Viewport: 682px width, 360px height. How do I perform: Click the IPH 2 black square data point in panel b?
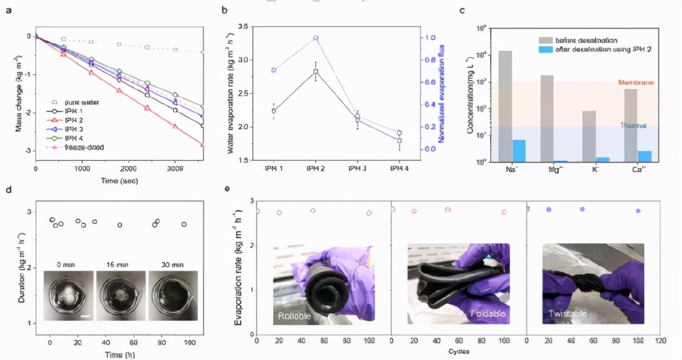(x=316, y=72)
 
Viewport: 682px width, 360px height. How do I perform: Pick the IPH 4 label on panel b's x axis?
(x=400, y=168)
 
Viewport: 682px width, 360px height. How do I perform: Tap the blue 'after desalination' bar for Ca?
(x=645, y=156)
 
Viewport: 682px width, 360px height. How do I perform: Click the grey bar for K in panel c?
(x=590, y=136)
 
